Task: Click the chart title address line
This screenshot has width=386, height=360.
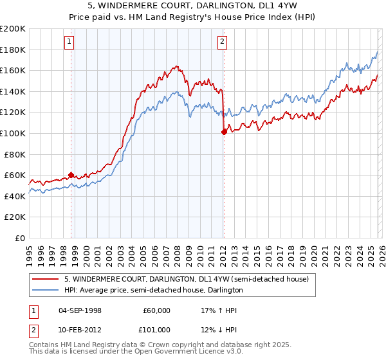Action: pos(192,7)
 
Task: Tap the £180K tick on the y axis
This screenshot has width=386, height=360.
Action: pos(13,50)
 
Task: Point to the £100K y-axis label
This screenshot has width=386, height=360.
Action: pos(13,133)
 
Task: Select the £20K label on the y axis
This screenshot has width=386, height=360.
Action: pos(15,217)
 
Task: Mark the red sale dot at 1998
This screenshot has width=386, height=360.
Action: pos(71,175)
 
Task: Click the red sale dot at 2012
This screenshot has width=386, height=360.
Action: pos(224,132)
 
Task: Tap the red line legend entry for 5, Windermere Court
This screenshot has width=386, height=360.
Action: pos(187,279)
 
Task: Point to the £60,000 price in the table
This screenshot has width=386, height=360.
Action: pos(156,310)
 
